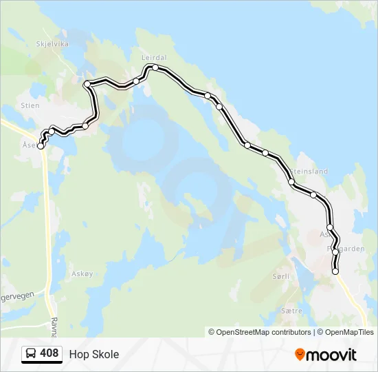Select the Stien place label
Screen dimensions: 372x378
30,105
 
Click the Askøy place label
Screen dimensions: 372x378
82,273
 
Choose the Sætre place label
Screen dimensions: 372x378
291,311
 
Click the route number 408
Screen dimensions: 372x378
49,353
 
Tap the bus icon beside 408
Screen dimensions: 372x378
31,354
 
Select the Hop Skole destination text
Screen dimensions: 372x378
94,354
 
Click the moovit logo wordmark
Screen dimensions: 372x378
331,355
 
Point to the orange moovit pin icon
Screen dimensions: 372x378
300,355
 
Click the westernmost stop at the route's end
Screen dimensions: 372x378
41,146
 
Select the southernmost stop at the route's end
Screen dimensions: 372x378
335,272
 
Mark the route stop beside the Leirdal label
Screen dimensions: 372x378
155,68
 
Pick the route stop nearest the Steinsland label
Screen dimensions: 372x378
292,182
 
